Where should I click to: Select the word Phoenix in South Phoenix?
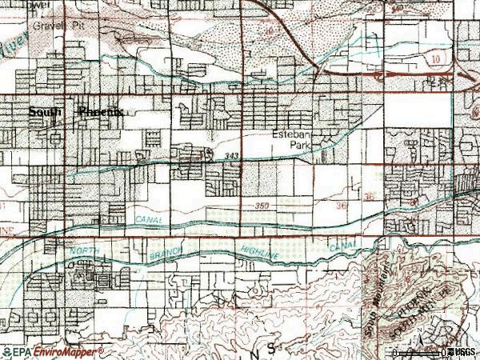[x=99, y=113]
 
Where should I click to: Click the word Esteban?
[x=290, y=134]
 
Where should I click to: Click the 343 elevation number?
[x=232, y=155]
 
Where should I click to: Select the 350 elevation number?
[x=263, y=206]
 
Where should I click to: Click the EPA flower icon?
[x=6, y=351]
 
